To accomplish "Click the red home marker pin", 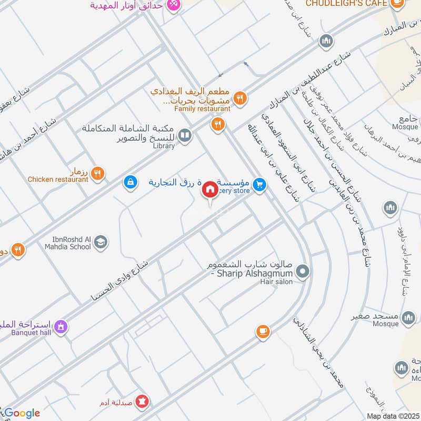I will (209, 190).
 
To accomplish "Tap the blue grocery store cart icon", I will (258, 185).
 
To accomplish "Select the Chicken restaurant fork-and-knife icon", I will (97, 173).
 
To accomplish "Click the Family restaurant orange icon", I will (239, 97).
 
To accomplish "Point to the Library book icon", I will (185, 136).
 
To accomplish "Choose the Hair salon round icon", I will (302, 272).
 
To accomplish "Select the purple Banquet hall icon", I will (61, 327).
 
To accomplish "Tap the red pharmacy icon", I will (142, 403).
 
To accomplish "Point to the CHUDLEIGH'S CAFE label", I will (347, 3).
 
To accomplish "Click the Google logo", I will (22, 413).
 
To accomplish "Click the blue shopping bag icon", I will (129, 182).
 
